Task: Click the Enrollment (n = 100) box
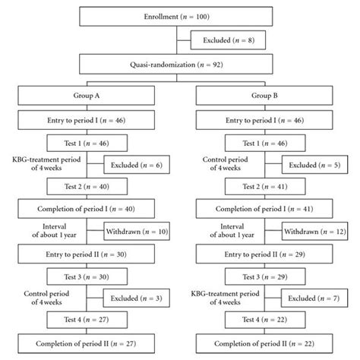click(x=179, y=16)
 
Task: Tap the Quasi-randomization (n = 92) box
click(x=179, y=65)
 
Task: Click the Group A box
click(x=89, y=95)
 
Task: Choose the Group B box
click(x=267, y=95)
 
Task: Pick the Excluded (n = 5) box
click(x=311, y=165)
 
